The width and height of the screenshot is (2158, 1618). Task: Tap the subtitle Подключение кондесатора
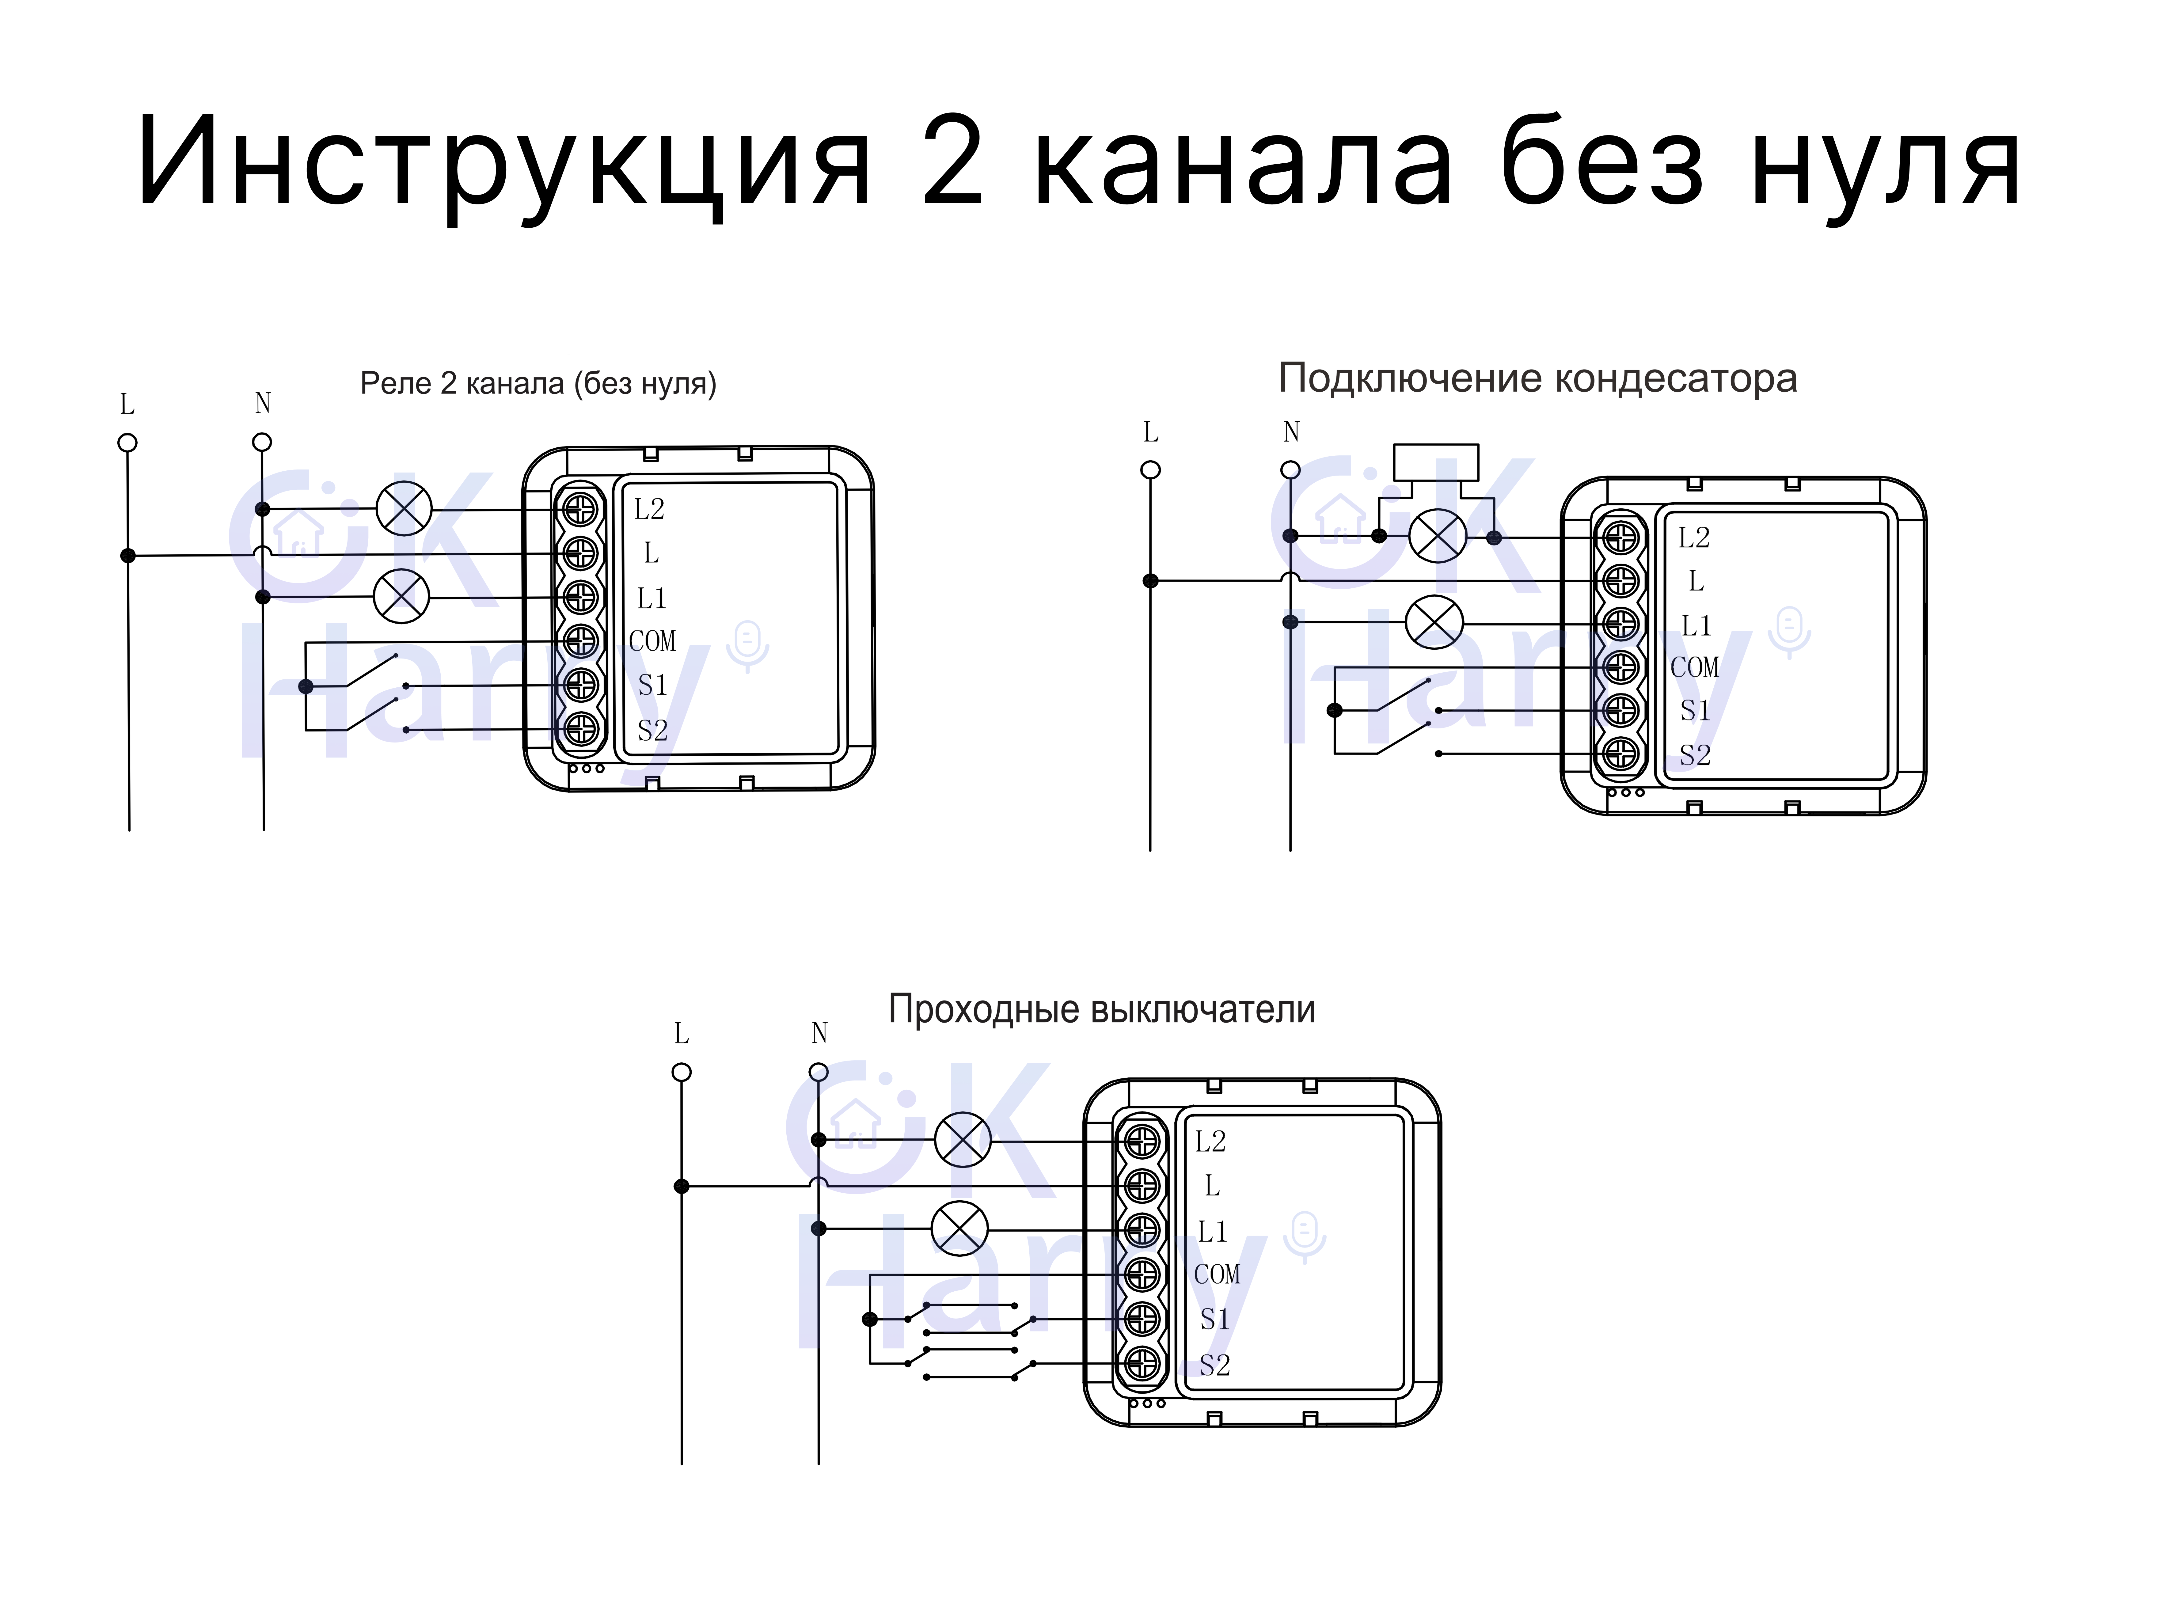click(1537, 378)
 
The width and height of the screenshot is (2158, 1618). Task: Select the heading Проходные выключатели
click(1101, 1009)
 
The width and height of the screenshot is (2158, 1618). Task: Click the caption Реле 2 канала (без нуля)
click(538, 383)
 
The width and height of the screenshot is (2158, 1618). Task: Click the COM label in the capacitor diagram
click(1695, 668)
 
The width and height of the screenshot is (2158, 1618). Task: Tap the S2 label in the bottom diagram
click(1215, 1365)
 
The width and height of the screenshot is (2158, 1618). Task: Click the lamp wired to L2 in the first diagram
click(404, 508)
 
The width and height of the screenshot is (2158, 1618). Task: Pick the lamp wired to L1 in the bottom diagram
click(960, 1229)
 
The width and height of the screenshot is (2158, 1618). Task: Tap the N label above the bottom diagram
click(819, 1033)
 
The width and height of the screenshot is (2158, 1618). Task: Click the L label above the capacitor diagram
click(1151, 432)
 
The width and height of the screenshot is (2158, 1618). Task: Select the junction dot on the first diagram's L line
click(128, 556)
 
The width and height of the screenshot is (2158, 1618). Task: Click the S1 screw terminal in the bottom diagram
click(1142, 1320)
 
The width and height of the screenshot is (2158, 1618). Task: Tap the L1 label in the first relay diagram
click(652, 598)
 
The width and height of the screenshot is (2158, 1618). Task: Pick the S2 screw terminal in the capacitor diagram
click(1620, 754)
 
